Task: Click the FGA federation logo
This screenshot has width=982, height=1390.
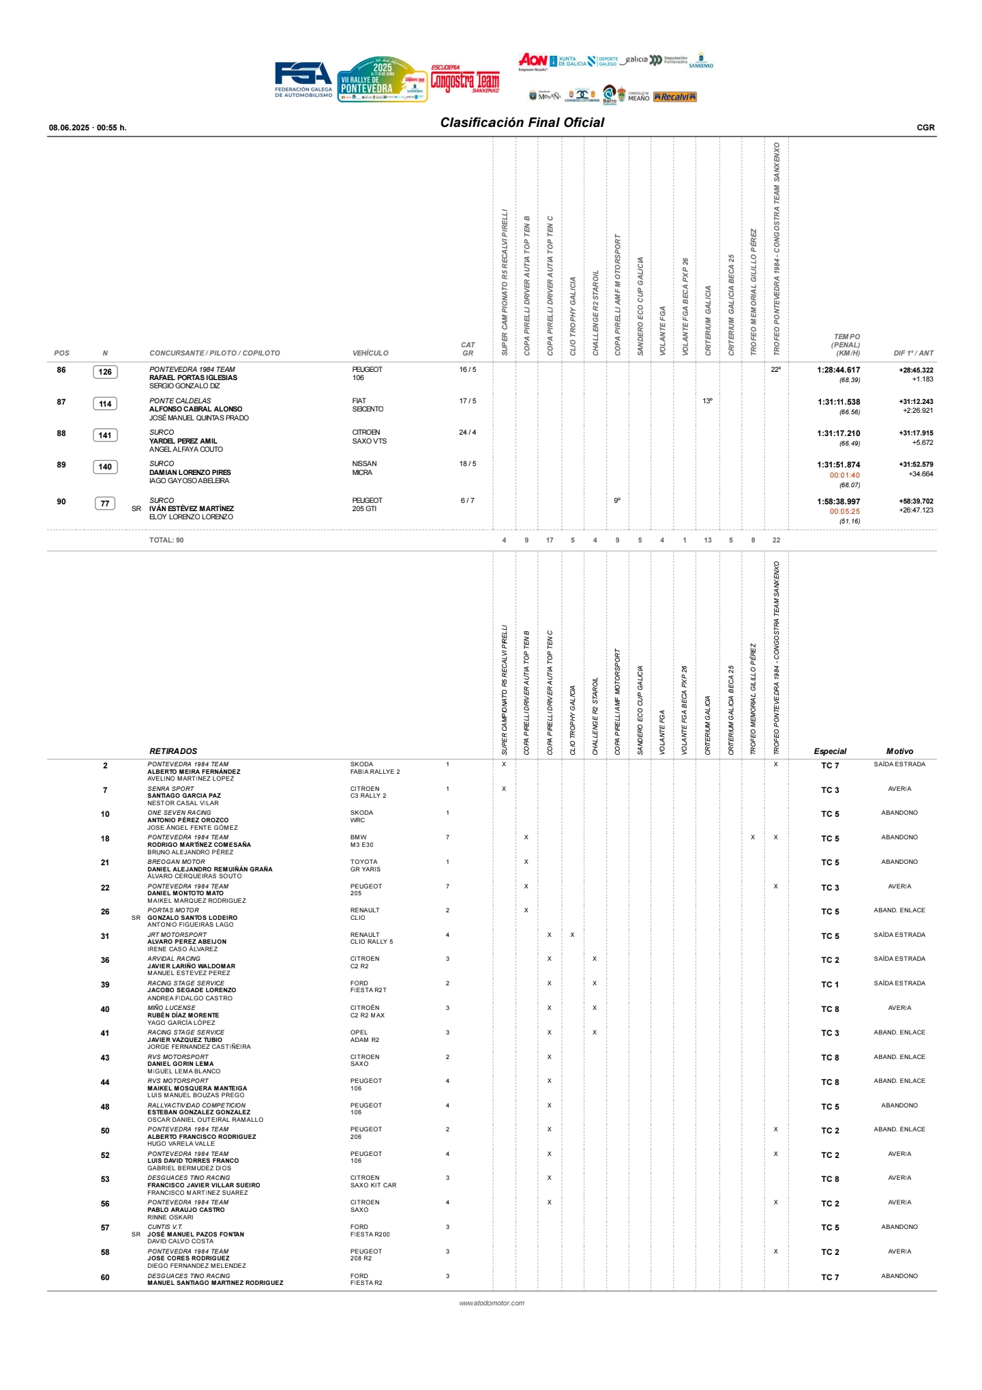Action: pyautogui.click(x=303, y=79)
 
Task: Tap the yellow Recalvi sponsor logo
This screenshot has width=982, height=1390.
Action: pyautogui.click(x=674, y=97)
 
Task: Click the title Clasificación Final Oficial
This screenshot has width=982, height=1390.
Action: pyautogui.click(x=522, y=123)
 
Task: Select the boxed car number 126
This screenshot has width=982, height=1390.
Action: pyautogui.click(x=105, y=372)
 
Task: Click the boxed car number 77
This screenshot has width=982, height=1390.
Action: pyautogui.click(x=105, y=504)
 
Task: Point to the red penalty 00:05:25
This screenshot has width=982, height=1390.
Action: pyautogui.click(x=844, y=511)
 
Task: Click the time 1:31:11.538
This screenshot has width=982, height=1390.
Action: pyautogui.click(x=838, y=402)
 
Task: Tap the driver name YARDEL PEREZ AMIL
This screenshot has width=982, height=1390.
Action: pyautogui.click(x=183, y=441)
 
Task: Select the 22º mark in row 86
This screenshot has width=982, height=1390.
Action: pyautogui.click(x=775, y=370)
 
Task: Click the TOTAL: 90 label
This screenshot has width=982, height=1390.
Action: pyautogui.click(x=166, y=540)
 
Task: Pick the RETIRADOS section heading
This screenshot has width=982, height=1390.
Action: pyautogui.click(x=173, y=751)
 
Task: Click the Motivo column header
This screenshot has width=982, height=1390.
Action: pyautogui.click(x=899, y=751)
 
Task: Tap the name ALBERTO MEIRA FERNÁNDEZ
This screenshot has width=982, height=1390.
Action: pyautogui.click(x=194, y=772)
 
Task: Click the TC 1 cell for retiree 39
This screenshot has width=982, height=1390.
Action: pyautogui.click(x=830, y=985)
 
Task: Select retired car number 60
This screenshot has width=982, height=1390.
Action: pyautogui.click(x=105, y=1277)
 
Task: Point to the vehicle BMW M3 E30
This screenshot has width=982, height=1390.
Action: pyautogui.click(x=361, y=841)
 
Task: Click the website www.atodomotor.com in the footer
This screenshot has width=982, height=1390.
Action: pyautogui.click(x=492, y=1303)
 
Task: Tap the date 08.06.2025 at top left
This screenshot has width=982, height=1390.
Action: pyautogui.click(x=69, y=128)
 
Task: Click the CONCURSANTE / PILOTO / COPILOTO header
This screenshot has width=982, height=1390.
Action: pyautogui.click(x=215, y=353)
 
